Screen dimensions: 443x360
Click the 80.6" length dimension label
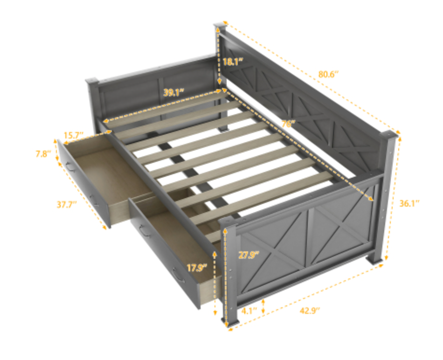(328, 74)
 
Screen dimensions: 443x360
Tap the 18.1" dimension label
(233, 62)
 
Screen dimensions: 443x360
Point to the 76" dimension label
(288, 124)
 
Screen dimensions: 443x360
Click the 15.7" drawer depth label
(73, 135)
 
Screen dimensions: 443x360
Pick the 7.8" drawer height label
(43, 154)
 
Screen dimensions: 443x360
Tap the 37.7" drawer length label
(67, 204)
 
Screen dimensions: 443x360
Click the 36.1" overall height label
(409, 203)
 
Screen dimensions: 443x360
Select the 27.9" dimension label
(249, 255)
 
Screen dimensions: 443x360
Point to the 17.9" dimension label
(197, 267)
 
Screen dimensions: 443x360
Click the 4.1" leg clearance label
(249, 311)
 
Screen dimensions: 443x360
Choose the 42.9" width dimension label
(310, 311)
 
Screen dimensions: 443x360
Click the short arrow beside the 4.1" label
(263, 306)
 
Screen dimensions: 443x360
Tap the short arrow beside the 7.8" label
(57, 150)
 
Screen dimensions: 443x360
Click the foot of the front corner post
(230, 321)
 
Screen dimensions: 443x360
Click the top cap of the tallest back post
(221, 26)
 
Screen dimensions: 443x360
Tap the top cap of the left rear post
(92, 82)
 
